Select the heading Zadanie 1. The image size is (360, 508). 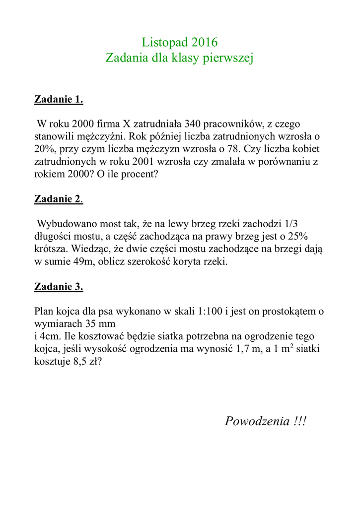(x=59, y=99)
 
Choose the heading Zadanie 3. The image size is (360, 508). (x=59, y=286)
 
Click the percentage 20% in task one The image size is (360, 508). (x=44, y=149)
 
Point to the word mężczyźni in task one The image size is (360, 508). (x=93, y=136)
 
